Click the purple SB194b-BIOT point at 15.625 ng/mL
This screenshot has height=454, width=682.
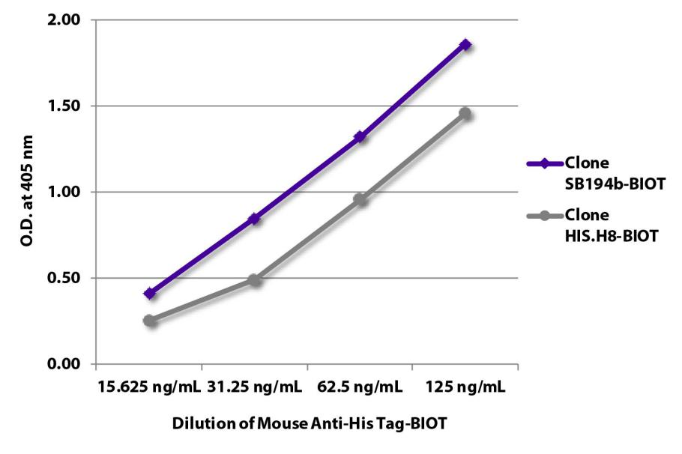(150, 294)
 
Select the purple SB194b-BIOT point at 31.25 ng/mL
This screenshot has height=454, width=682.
(255, 219)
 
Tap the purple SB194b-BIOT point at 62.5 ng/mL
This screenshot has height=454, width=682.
(360, 136)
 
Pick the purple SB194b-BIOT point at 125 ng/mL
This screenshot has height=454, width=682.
(465, 45)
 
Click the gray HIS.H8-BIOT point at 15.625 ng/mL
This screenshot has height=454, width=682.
(150, 321)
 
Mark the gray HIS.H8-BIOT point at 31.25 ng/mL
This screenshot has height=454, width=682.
(255, 280)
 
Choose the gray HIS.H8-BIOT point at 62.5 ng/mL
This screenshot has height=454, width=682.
(360, 199)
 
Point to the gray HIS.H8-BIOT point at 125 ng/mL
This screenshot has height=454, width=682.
(465, 114)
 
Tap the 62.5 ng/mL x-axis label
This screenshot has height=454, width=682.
(360, 387)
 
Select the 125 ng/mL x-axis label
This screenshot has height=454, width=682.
(465, 387)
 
